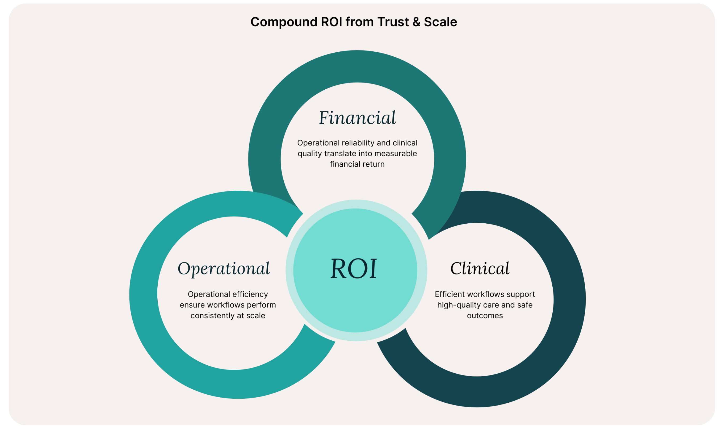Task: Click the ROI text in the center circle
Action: click(x=354, y=269)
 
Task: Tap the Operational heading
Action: click(x=224, y=269)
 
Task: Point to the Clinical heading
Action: click(x=480, y=269)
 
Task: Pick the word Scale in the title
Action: click(x=440, y=22)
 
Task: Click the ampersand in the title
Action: click(x=417, y=22)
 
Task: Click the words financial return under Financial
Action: click(x=357, y=164)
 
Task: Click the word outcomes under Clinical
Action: click(x=485, y=316)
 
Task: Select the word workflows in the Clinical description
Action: click(x=488, y=294)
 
